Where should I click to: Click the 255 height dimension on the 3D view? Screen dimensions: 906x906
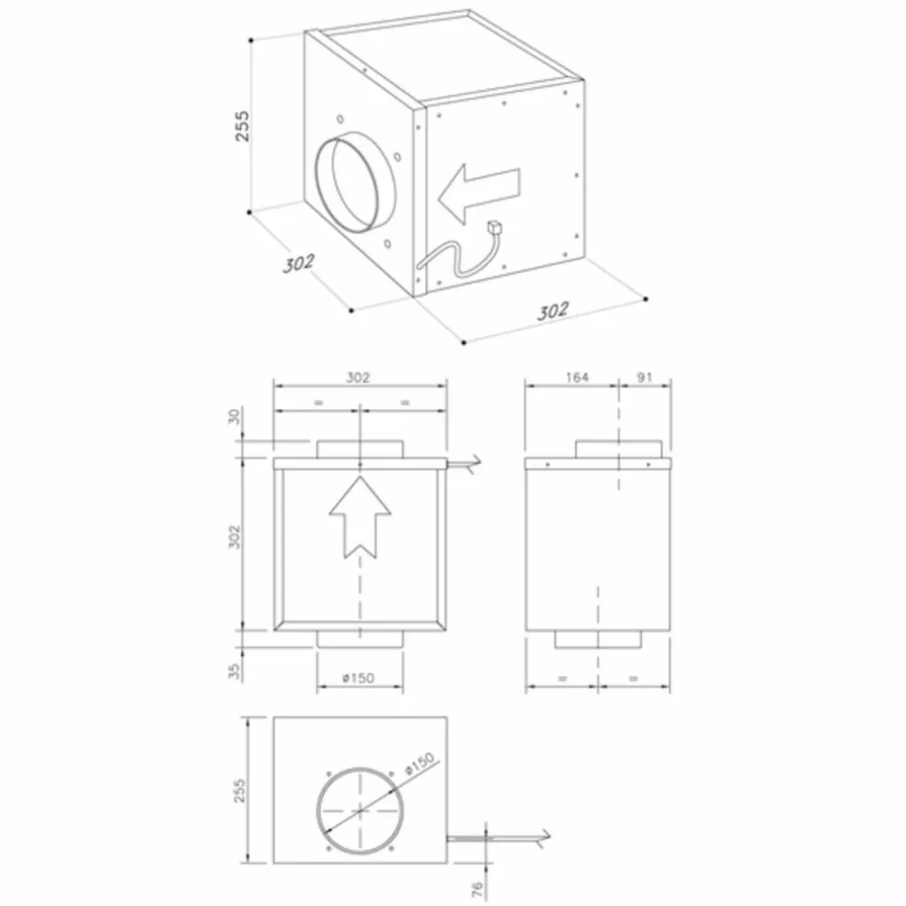tap(243, 125)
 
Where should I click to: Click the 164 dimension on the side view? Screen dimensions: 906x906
tap(576, 377)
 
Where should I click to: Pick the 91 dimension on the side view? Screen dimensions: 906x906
tap(645, 377)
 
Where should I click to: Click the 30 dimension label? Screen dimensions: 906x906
tap(234, 416)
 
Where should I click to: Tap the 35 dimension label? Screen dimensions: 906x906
tap(234, 671)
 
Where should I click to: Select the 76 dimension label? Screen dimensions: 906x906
tap(477, 889)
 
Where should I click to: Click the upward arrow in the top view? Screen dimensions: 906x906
tap(360, 517)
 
